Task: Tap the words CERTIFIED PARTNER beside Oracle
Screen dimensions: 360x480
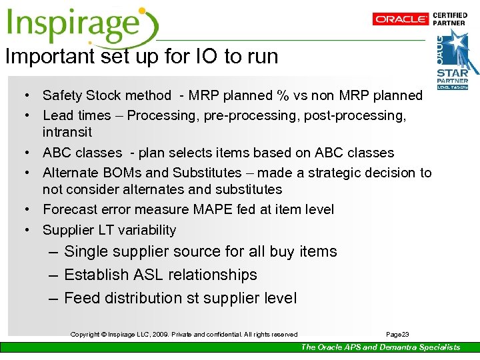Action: click(x=450, y=19)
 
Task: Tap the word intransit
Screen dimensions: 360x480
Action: click(x=67, y=133)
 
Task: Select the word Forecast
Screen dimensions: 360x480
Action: click(x=69, y=209)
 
